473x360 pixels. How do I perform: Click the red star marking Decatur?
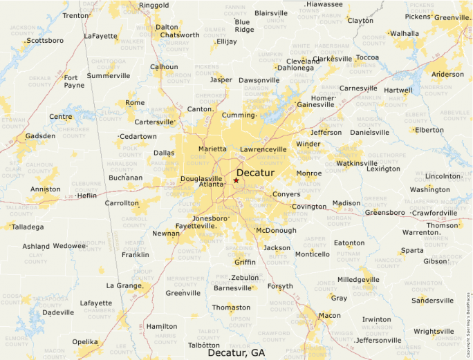coord(236,180)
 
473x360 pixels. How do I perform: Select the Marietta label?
coord(212,149)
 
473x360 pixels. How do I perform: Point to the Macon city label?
coord(329,315)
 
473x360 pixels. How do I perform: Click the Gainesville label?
coord(315,104)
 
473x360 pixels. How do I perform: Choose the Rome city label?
coord(135,102)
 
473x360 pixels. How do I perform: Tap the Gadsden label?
coord(40,136)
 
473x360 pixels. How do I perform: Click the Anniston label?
coord(45,189)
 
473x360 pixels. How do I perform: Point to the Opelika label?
coord(84,341)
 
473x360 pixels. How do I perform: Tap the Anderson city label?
coord(447,74)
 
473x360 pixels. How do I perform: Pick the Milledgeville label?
coord(358,280)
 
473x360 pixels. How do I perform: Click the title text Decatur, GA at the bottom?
coord(236,352)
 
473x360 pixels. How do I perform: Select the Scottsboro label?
coord(45,40)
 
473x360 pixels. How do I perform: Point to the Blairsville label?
coord(271,13)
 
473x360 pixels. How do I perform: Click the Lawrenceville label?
coord(263,149)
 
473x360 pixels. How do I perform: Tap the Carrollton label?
coord(121,204)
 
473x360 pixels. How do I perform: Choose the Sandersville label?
coord(433,300)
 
